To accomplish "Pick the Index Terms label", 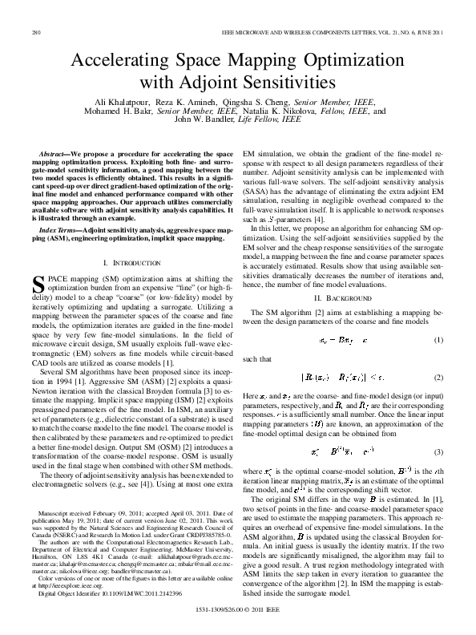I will coord(68,230).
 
